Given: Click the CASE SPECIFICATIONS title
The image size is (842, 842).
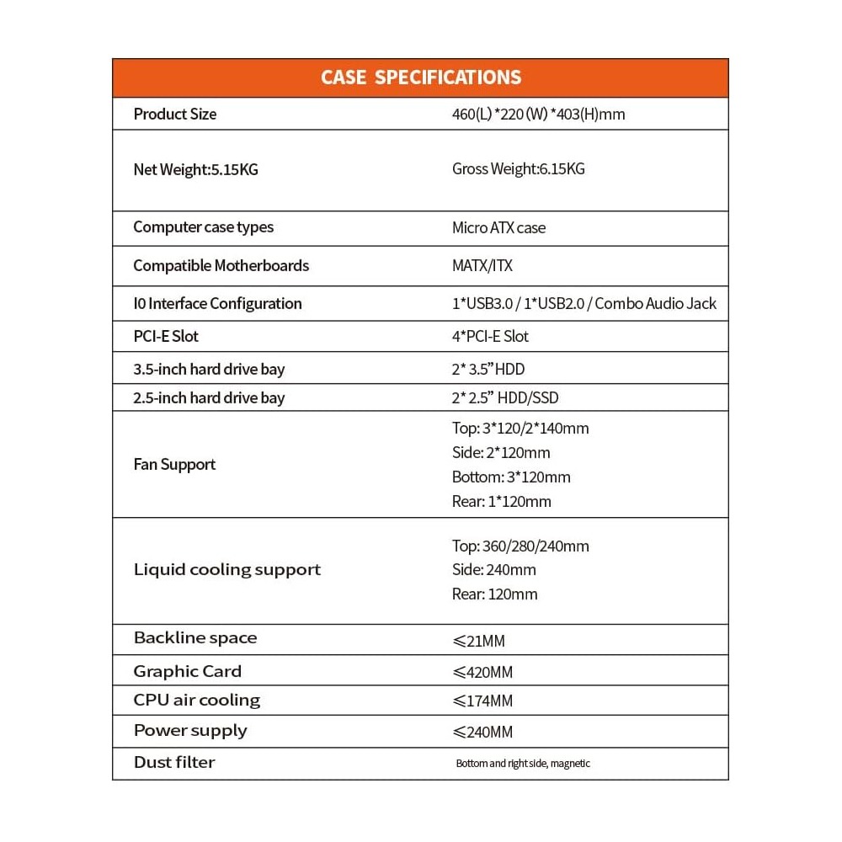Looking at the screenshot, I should [420, 77].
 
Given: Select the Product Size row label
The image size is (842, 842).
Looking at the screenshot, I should [174, 114].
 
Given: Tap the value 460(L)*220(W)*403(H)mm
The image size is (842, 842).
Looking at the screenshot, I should [538, 115].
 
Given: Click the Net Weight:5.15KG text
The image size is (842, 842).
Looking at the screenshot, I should [195, 169].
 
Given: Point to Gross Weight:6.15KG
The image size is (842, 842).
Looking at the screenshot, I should [518, 169].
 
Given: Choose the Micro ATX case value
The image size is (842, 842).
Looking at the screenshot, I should [498, 227].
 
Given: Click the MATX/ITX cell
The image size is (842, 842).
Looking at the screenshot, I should [482, 266].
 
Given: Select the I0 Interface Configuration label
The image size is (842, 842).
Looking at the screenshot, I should [217, 303].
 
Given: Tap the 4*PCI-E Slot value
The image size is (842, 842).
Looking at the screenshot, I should [490, 336].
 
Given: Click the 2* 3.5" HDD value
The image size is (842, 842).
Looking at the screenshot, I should [488, 369].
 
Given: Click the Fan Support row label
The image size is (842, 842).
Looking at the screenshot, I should [174, 464].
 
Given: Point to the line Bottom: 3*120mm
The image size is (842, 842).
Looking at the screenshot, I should [511, 477].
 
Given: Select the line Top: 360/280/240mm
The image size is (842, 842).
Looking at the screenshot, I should [520, 546].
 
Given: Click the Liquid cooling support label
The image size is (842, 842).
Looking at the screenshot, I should [227, 570].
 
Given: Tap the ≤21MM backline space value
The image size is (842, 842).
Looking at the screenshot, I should [478, 642].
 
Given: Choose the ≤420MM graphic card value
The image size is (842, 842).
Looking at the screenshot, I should [482, 672].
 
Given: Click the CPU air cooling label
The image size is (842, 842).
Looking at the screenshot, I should [197, 701].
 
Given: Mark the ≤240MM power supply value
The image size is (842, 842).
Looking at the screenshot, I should [482, 732].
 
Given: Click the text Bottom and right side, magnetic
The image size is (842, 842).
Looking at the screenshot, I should [522, 764].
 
